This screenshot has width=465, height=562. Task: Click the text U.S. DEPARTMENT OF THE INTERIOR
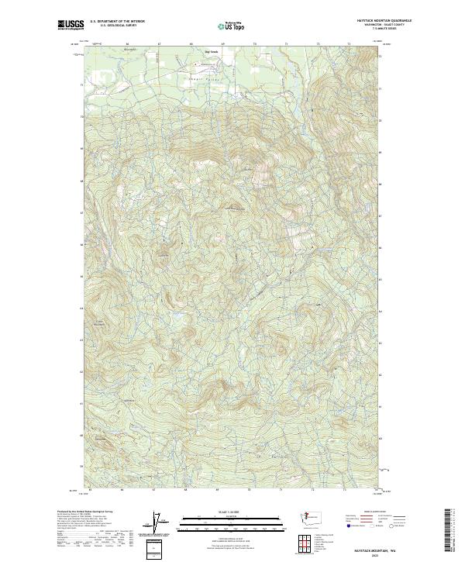[117, 21]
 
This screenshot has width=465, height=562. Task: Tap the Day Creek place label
[212, 52]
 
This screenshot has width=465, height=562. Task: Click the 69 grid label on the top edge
[222, 45]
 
